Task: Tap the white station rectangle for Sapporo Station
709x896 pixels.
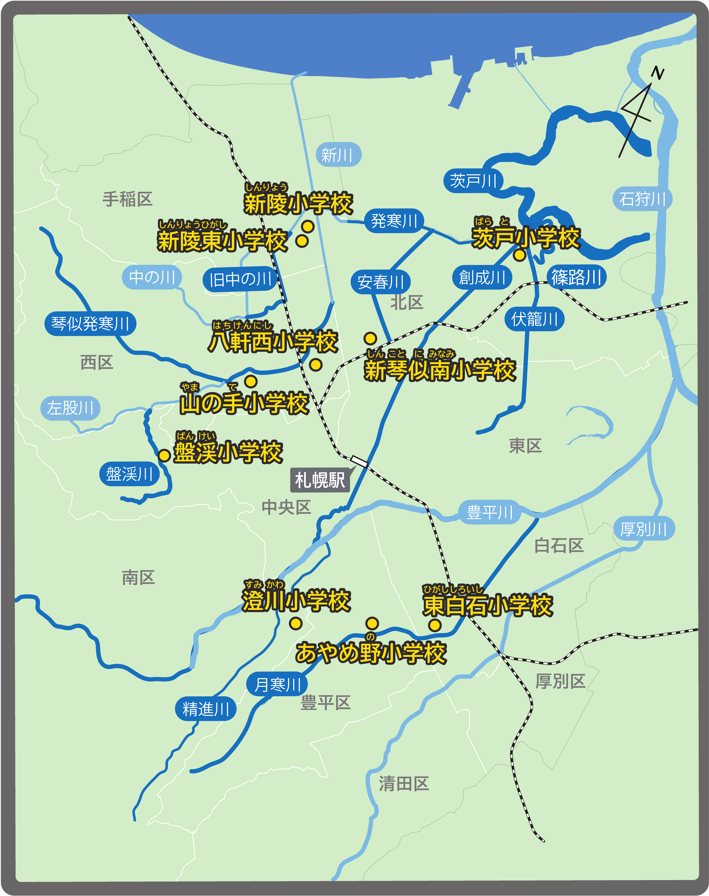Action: (x=359, y=461)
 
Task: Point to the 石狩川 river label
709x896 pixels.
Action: (x=642, y=199)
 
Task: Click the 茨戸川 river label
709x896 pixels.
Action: (x=473, y=181)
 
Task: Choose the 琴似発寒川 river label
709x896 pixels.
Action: (x=90, y=323)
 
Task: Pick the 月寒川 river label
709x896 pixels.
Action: (x=277, y=684)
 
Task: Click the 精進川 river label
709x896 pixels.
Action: (x=206, y=709)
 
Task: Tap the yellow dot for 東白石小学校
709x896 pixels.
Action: (x=435, y=625)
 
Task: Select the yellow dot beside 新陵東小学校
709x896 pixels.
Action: (x=302, y=241)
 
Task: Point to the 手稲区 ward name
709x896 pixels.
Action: (x=127, y=199)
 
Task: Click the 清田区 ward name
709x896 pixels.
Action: (x=404, y=784)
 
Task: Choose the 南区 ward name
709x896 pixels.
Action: (x=138, y=577)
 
